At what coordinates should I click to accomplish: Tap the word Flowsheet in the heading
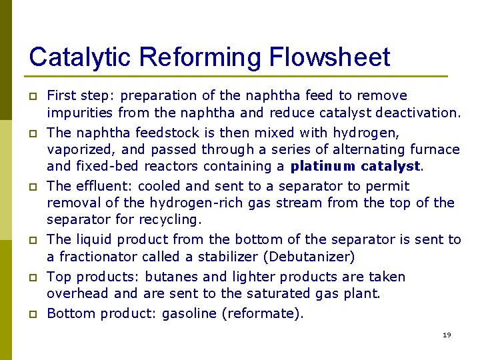coord(330,57)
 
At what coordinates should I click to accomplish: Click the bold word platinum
coord(321,166)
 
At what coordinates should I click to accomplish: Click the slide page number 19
coord(447,335)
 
